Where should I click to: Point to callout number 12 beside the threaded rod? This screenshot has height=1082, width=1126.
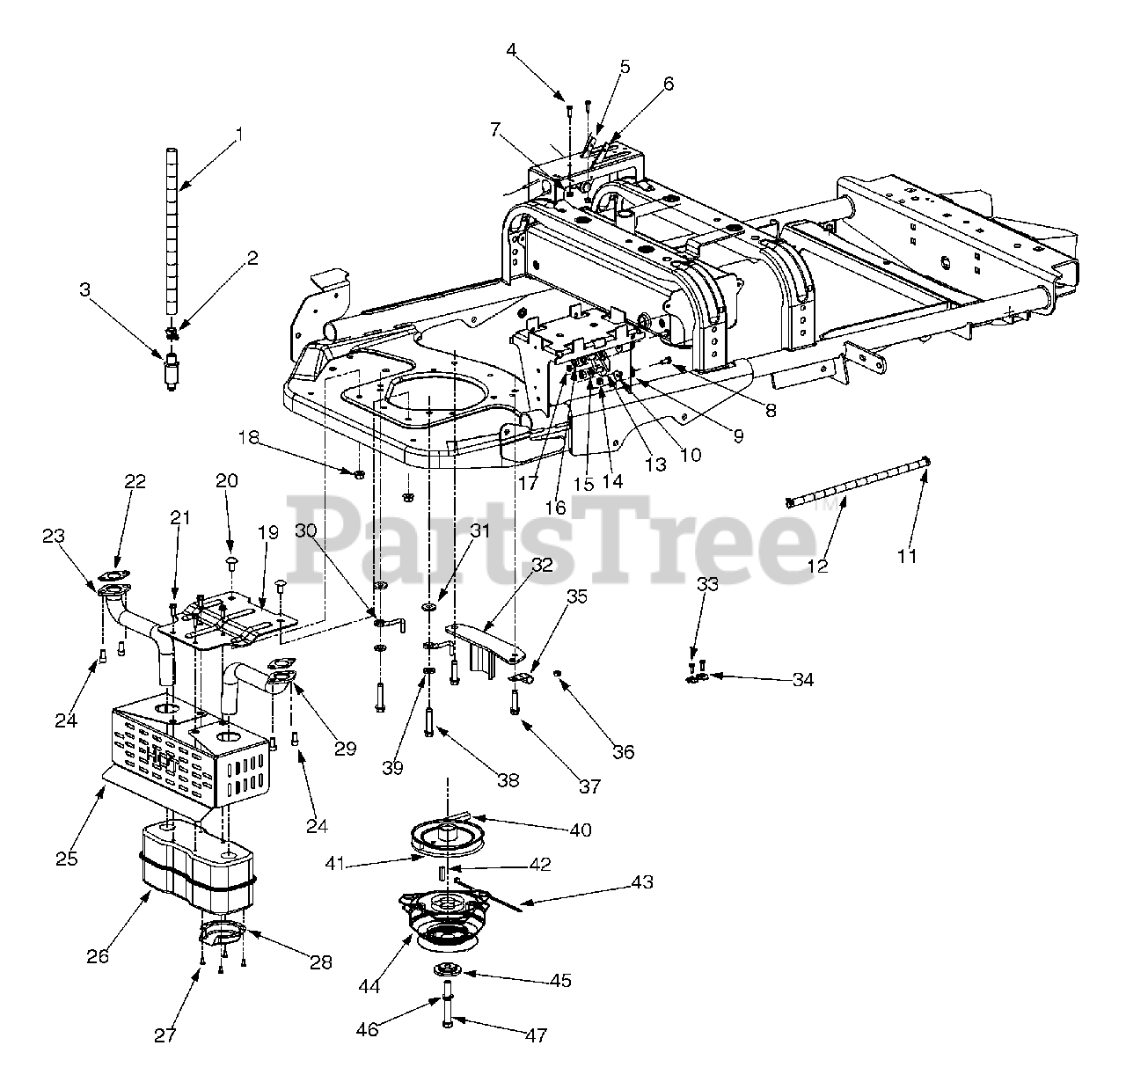point(817,566)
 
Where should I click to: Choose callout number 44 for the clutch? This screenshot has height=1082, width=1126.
point(369,986)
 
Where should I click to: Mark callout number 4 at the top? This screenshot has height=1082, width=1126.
point(537,50)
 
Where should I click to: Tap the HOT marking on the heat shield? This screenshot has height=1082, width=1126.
point(161,756)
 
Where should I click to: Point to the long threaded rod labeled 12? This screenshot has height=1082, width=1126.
point(858,483)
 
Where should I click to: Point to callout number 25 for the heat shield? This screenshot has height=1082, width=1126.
point(67,858)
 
